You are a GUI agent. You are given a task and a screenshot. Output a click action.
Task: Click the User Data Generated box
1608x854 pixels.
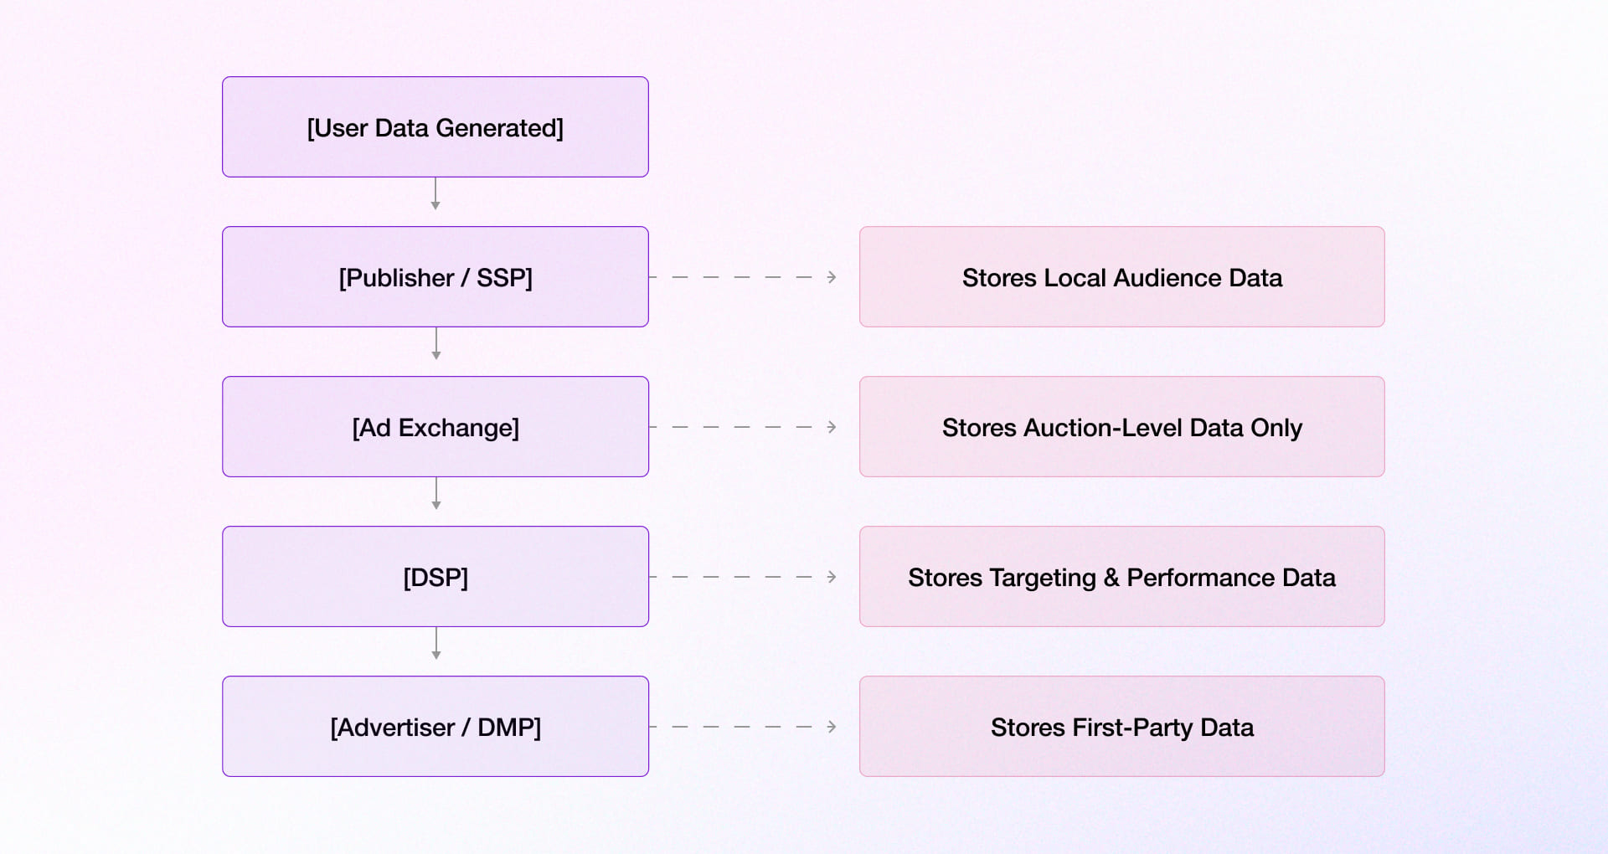point(435,127)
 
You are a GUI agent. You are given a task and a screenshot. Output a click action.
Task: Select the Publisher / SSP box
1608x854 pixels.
point(435,277)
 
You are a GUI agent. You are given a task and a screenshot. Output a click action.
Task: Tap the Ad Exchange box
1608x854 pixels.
point(435,427)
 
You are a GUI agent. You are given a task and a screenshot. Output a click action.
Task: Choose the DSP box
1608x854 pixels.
point(435,577)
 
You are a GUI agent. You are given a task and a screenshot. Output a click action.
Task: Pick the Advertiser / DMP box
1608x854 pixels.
point(435,727)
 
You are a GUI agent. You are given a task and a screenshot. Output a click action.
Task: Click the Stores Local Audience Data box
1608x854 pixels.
point(1121,277)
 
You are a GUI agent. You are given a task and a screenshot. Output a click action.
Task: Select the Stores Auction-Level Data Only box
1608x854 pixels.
point(1121,427)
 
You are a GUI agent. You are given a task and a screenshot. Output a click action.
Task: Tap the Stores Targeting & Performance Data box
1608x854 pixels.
point(1121,577)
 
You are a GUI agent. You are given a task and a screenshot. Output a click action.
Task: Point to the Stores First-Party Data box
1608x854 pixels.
point(1121,727)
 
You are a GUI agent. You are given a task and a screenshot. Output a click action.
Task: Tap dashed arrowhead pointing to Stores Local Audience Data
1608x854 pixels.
point(831,277)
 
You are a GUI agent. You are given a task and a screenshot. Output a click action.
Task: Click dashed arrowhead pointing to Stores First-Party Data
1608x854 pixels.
point(831,727)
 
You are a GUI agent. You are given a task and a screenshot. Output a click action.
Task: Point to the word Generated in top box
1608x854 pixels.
point(499,128)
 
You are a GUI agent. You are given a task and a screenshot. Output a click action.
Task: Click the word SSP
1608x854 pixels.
point(504,278)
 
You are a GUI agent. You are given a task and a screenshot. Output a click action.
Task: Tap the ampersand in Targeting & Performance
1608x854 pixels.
point(1111,578)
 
